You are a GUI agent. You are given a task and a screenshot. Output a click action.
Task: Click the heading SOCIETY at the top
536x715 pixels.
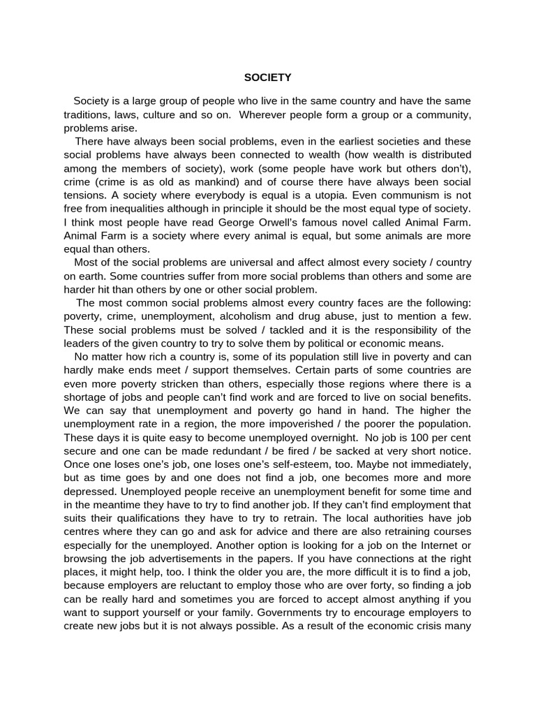[267, 78]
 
